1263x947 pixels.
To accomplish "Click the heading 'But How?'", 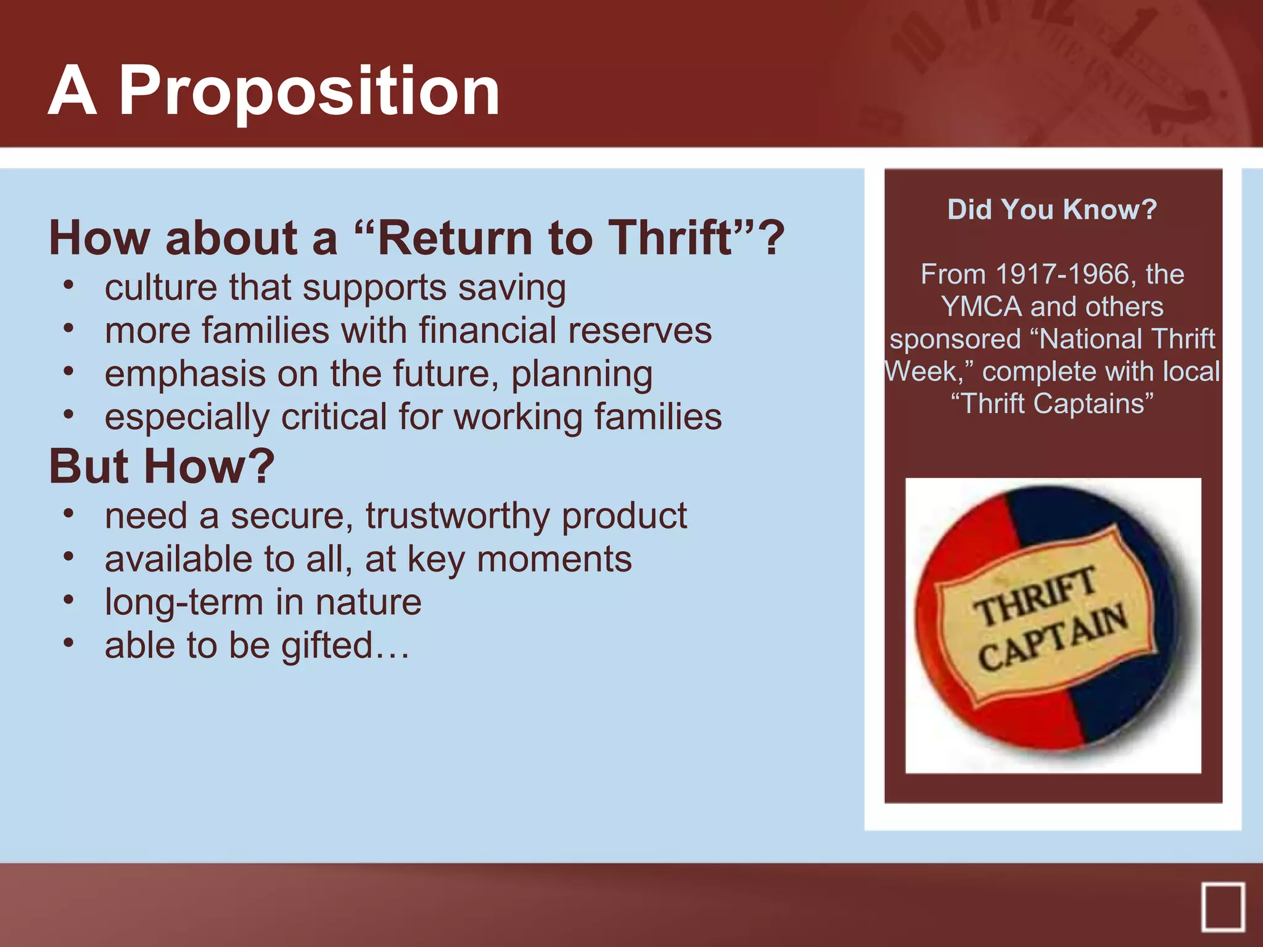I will point(162,467).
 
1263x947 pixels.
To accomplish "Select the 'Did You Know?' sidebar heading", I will point(1052,210).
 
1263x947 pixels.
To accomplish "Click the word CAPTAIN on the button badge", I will point(1052,640).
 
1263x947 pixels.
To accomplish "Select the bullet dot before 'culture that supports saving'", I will point(68,285).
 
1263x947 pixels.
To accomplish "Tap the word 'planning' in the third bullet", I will point(582,375).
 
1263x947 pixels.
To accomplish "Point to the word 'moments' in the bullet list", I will point(554,560).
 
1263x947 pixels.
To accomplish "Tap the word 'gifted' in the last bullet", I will point(327,646).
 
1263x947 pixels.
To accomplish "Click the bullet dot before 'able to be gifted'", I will point(68,643).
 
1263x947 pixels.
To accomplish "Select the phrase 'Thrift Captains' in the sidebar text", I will point(1052,404).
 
